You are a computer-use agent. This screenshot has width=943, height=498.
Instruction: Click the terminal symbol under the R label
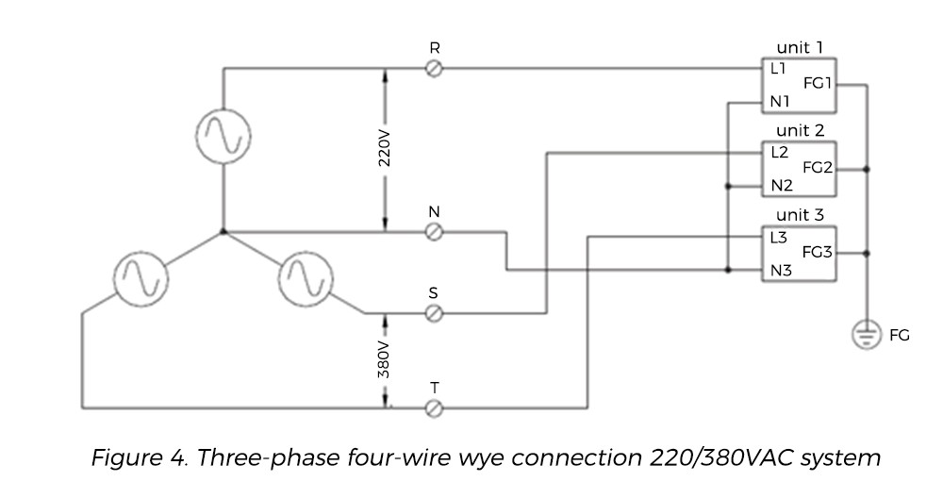pyautogui.click(x=435, y=69)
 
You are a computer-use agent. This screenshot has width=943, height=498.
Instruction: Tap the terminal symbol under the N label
pyautogui.click(x=435, y=232)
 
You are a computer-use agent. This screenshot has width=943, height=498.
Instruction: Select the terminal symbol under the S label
pyautogui.click(x=435, y=314)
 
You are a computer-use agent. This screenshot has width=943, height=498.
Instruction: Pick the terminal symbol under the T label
pyautogui.click(x=435, y=408)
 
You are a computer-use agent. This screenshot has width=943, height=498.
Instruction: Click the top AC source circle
pyautogui.click(x=223, y=138)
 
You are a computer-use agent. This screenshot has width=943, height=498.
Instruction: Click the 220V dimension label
pyautogui.click(x=385, y=149)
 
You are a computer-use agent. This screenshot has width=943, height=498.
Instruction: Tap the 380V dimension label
pyautogui.click(x=385, y=360)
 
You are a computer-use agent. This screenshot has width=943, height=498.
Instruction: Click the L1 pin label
pyautogui.click(x=778, y=69)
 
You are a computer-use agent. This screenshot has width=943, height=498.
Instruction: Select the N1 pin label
pyautogui.click(x=779, y=101)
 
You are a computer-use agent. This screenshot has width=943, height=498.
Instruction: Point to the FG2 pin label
pyautogui.click(x=817, y=168)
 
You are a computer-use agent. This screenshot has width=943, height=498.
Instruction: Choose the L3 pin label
pyautogui.click(x=778, y=238)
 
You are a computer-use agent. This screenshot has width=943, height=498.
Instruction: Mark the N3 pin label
pyautogui.click(x=779, y=270)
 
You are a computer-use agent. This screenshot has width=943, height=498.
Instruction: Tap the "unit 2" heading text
pyautogui.click(x=800, y=130)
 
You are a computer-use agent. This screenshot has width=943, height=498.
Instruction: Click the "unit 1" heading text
pyautogui.click(x=800, y=47)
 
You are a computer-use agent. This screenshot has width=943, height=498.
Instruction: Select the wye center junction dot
pyautogui.click(x=223, y=231)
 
